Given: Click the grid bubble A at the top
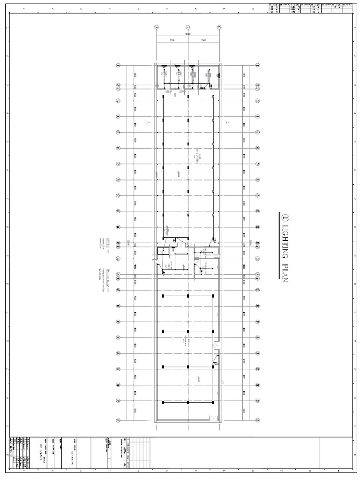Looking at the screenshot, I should pyautogui.click(x=157, y=27).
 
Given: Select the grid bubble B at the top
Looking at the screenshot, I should pyautogui.click(x=188, y=27).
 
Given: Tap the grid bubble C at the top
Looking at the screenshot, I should pyautogui.click(x=219, y=27).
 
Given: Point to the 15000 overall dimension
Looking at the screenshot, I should pyautogui.click(x=187, y=34).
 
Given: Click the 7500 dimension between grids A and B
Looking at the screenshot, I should pyautogui.click(x=172, y=40).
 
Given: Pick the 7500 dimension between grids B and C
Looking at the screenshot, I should pyautogui.click(x=203, y=40).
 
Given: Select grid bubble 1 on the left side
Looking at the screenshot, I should pyautogui.click(x=119, y=65).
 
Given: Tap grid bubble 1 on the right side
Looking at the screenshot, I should pyautogui.click(x=257, y=65).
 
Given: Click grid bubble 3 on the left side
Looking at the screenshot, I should pyautogui.click(x=119, y=101).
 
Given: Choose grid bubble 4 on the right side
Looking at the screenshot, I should pyautogui.click(x=257, y=117).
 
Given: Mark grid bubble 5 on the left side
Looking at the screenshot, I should pyautogui.click(x=119, y=133).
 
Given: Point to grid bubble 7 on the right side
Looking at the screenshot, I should pyautogui.click(x=257, y=164).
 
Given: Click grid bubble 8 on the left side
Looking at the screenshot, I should pyautogui.click(x=119, y=180).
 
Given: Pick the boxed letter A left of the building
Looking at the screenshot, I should pyautogui.click(x=148, y=121).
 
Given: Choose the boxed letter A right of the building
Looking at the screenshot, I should pyautogui.click(x=227, y=121).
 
